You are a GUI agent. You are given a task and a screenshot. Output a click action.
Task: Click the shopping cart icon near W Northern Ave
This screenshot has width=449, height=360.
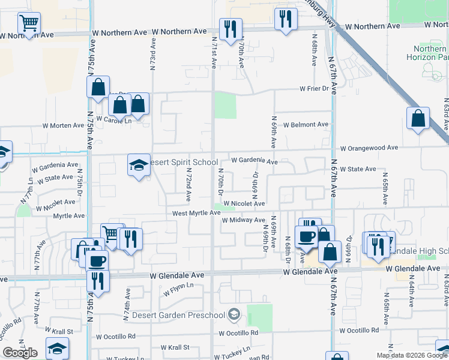(x=29, y=23)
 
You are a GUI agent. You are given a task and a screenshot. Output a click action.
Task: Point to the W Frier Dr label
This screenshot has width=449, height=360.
(x=316, y=89)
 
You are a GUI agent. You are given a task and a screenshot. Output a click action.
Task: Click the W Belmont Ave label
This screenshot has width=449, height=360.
(x=306, y=125)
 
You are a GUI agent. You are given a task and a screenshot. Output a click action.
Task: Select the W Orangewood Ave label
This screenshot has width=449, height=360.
(x=369, y=148)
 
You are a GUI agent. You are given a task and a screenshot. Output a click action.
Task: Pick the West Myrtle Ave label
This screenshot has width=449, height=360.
(x=196, y=213)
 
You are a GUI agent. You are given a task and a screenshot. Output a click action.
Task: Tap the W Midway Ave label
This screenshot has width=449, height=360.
(x=243, y=221)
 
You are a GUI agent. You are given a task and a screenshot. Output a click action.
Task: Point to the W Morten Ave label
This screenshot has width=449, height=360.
(x=63, y=125)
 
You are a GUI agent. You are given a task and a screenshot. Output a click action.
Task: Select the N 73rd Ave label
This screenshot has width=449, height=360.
(x=153, y=53)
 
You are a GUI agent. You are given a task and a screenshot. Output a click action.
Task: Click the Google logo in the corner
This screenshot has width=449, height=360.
(x=20, y=353)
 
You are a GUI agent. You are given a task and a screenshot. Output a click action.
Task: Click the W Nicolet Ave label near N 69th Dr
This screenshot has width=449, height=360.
(x=244, y=204)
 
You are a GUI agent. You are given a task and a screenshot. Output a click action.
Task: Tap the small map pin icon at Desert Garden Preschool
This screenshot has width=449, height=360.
(x=234, y=314)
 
